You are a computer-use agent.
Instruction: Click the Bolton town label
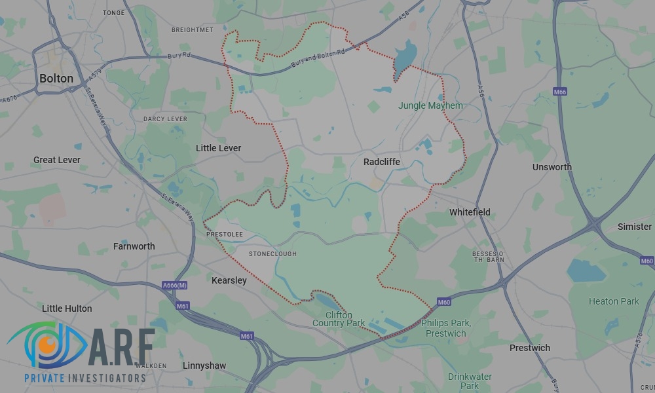(56, 78)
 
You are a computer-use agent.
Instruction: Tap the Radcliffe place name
(381, 161)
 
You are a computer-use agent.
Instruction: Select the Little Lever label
(219, 148)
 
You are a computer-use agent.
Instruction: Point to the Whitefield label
(470, 212)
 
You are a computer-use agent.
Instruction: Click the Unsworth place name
(552, 167)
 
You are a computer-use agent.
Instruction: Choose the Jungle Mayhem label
(430, 105)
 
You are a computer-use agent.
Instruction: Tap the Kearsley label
(229, 280)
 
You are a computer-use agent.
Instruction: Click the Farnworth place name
(134, 246)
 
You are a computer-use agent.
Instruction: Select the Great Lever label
(57, 160)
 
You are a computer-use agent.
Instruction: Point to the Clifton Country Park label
(339, 319)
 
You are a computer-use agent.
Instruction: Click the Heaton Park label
(614, 301)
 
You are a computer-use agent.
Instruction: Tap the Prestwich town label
(530, 348)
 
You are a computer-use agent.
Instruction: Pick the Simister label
(635, 227)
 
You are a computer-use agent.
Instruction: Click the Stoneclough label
(272, 254)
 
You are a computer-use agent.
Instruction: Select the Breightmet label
(193, 30)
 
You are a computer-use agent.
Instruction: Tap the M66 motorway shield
(559, 92)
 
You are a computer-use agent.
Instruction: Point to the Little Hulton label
(67, 309)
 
